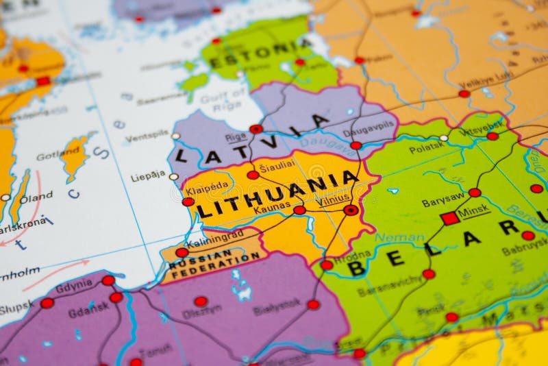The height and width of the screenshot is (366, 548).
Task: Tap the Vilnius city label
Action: [334, 200]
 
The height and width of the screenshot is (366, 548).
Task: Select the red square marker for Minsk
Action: [449, 219]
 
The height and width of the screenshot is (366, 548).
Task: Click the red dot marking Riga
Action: [256, 129]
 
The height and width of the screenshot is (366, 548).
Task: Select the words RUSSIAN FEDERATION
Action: [216, 263]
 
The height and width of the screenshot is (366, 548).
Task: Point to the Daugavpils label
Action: [369, 126]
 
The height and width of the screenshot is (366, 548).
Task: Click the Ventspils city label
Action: [147, 135]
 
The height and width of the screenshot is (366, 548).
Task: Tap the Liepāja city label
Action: [148, 176]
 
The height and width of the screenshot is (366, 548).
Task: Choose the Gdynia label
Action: [74, 286]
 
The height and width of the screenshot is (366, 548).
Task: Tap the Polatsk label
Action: [427, 147]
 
